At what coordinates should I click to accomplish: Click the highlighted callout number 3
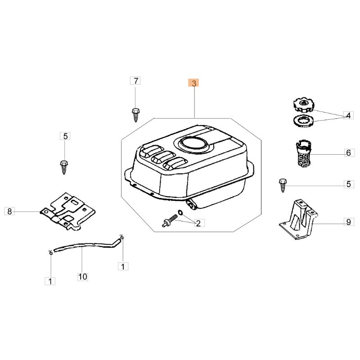pyautogui.click(x=193, y=83)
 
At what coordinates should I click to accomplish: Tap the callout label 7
pyautogui.click(x=135, y=81)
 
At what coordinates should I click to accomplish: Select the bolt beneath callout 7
pyautogui.click(x=135, y=115)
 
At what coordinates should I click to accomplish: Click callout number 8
pyautogui.click(x=9, y=211)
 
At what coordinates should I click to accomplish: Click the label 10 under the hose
pyautogui.click(x=83, y=277)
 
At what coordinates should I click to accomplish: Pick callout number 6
pyautogui.click(x=349, y=153)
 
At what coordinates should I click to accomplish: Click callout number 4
pyautogui.click(x=348, y=115)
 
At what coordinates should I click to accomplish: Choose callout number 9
pyautogui.click(x=349, y=222)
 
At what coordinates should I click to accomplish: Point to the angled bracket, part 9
pyautogui.click(x=298, y=219)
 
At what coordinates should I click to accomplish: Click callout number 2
pyautogui.click(x=198, y=223)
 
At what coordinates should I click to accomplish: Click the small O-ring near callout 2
pyautogui.click(x=180, y=212)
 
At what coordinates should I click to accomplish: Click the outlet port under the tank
pyautogui.click(x=191, y=204)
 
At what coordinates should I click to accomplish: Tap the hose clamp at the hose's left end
pyautogui.click(x=51, y=252)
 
